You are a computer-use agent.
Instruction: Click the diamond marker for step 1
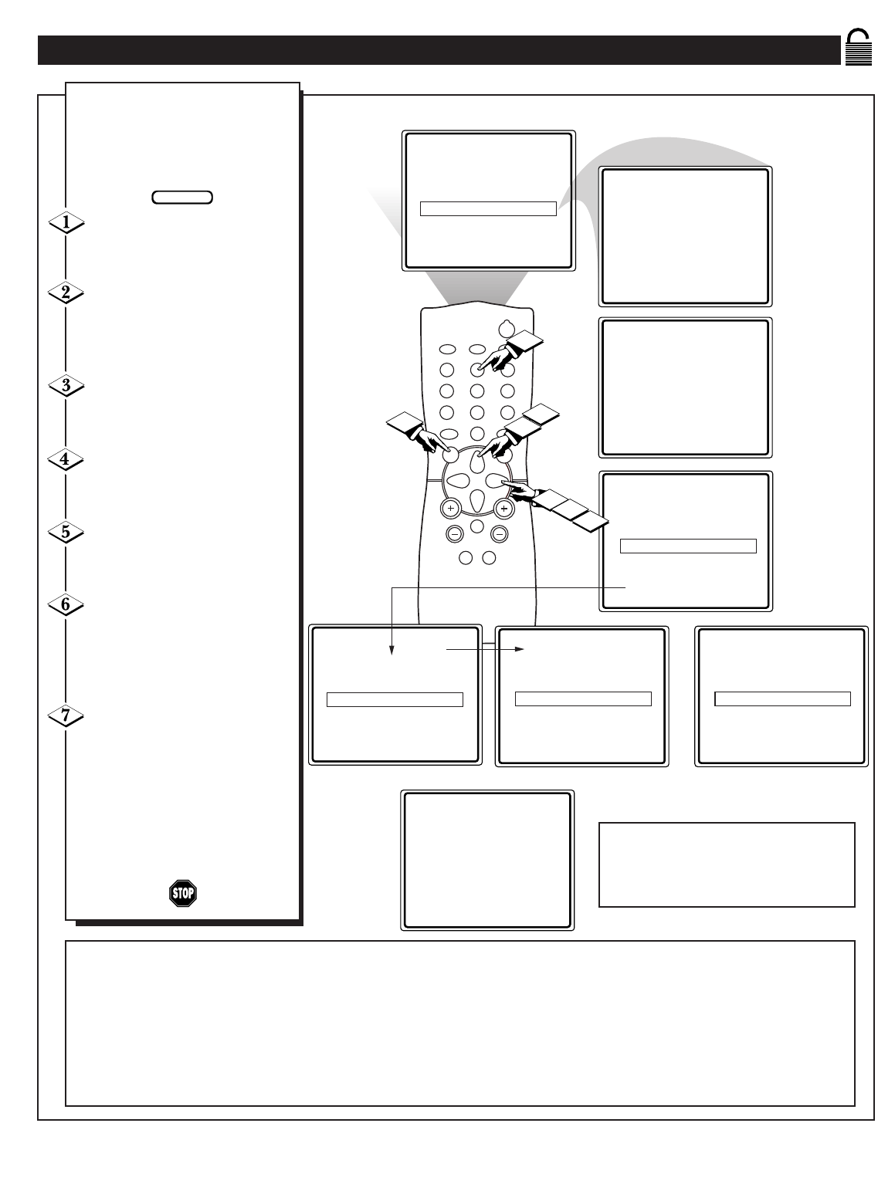[66, 222]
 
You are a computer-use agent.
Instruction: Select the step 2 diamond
[66, 293]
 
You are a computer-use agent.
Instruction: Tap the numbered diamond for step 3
[66, 385]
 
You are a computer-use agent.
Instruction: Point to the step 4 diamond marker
[65, 459]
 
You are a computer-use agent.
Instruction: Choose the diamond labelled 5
[66, 532]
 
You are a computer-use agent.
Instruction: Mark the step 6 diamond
[66, 604]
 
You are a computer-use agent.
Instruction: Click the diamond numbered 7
[66, 715]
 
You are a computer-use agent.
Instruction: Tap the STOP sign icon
[183, 893]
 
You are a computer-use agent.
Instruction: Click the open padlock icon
[858, 47]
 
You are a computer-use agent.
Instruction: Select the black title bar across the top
[439, 50]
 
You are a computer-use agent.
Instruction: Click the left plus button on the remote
[451, 508]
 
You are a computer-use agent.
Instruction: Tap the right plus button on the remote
[503, 508]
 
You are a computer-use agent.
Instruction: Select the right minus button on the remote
[500, 534]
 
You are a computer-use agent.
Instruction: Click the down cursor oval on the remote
[477, 500]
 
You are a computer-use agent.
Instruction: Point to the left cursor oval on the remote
[458, 480]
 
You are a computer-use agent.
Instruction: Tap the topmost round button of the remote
[507, 328]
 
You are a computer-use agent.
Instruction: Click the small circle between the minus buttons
[477, 526]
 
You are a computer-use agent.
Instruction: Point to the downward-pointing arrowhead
[392, 650]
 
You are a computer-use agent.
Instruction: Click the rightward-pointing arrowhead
[519, 649]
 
